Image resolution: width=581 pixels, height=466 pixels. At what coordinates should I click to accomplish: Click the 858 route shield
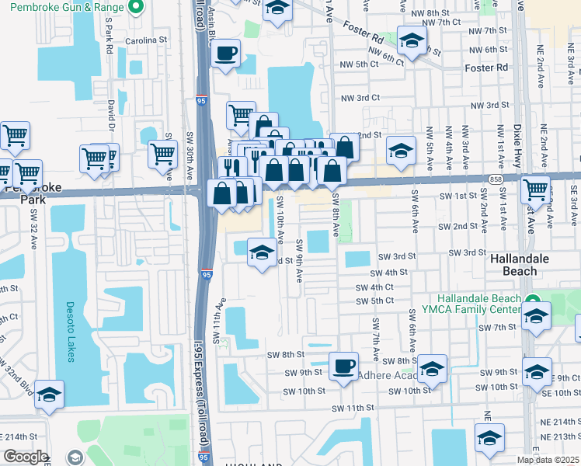click(495, 179)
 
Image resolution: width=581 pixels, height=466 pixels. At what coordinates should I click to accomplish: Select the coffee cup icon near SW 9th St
click(343, 366)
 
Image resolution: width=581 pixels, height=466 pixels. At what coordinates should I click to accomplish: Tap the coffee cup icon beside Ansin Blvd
click(226, 54)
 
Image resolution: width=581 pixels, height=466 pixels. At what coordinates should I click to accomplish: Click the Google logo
click(25, 457)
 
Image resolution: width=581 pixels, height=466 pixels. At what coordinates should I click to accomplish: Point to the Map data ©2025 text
click(548, 460)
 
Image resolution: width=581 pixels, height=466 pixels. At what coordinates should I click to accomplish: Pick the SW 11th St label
click(353, 408)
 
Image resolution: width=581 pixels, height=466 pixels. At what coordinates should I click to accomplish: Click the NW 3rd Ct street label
click(360, 98)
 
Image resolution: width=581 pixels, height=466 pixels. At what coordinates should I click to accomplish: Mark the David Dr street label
click(112, 116)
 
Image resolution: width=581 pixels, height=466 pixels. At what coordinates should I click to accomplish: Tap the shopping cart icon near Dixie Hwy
click(535, 189)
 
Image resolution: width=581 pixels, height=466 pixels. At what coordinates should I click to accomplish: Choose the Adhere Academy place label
click(385, 375)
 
